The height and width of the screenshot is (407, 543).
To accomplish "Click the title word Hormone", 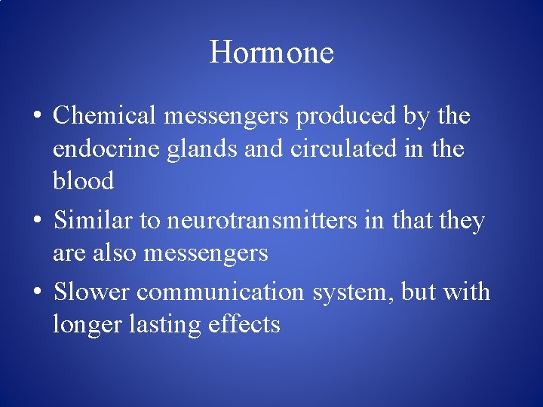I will pyautogui.click(x=271, y=53).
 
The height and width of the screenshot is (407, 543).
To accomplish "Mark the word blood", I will pyautogui.click(x=83, y=181).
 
